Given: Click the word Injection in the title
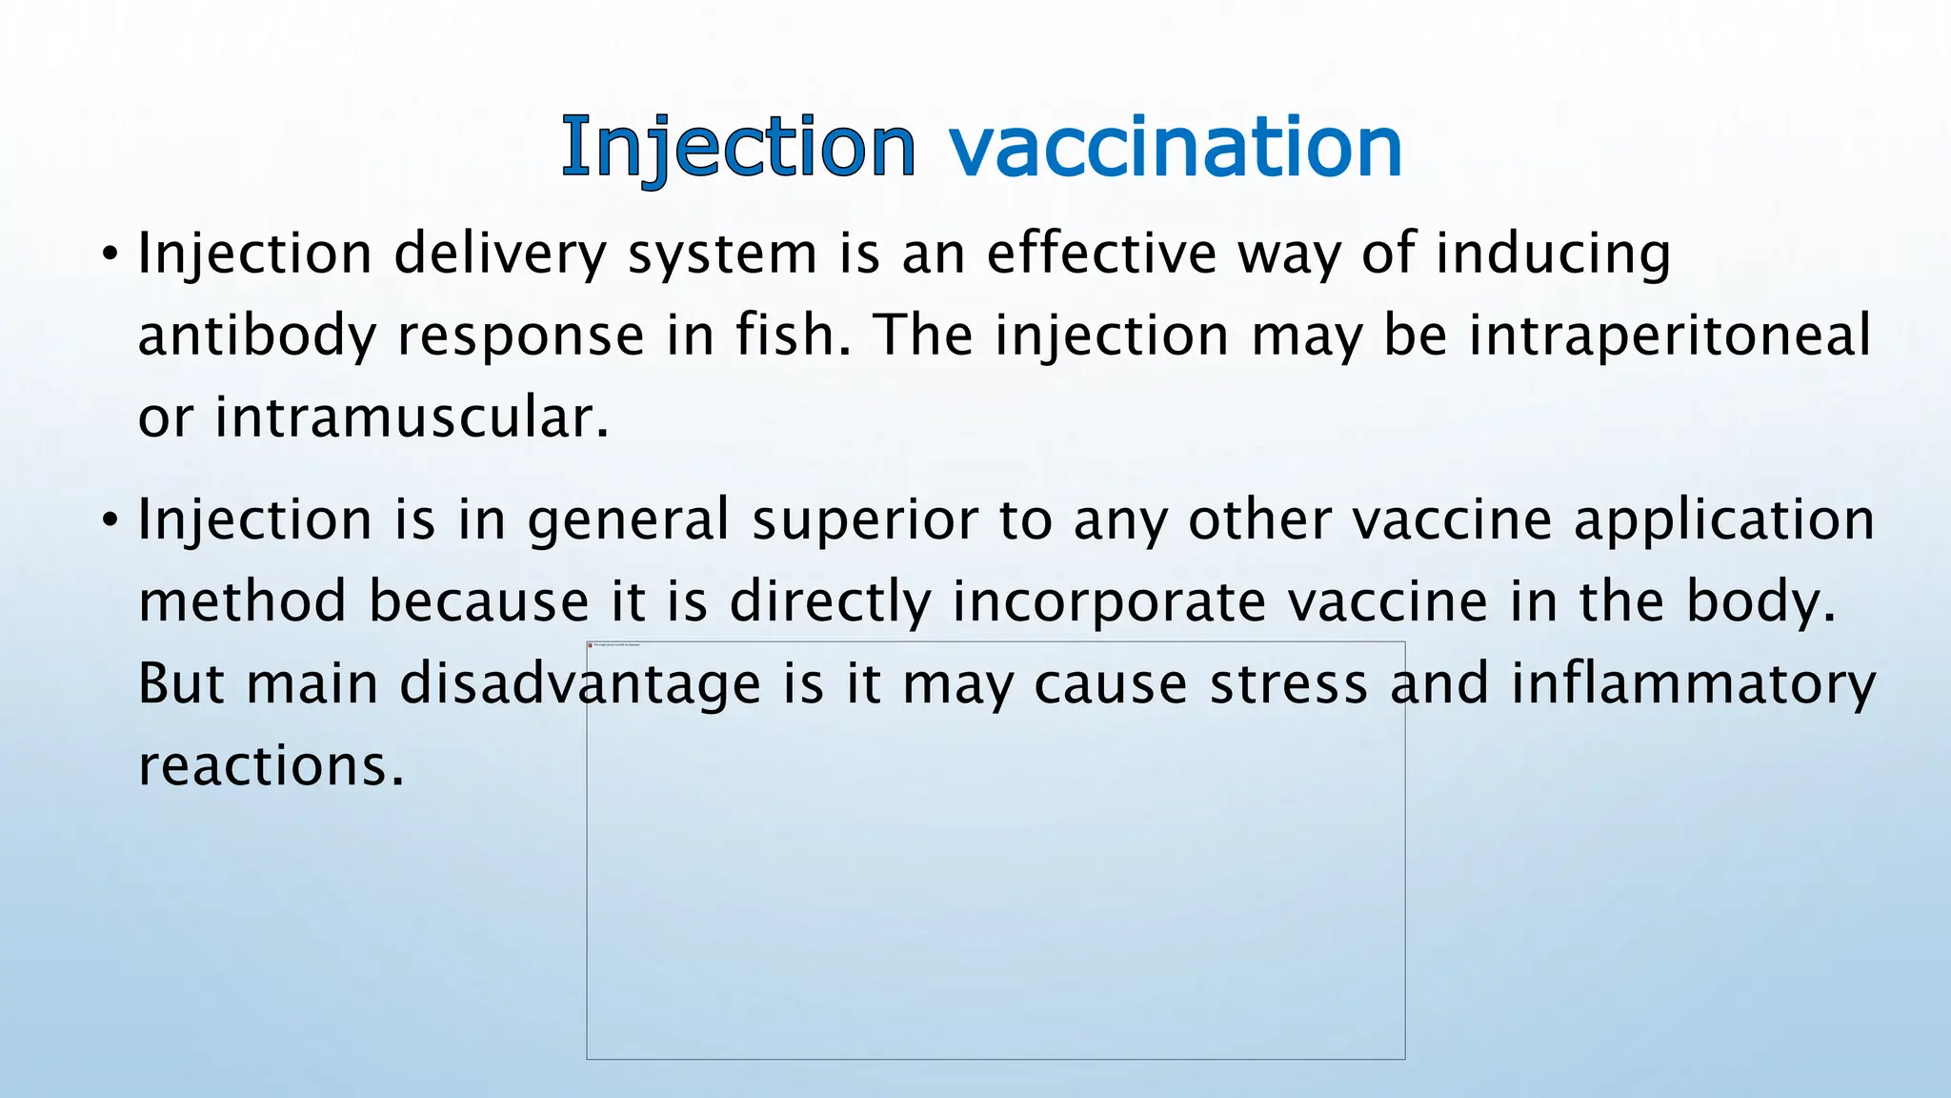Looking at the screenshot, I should click(x=738, y=148).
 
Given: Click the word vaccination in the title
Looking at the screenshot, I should click(x=1176, y=148).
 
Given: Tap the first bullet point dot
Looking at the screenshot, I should click(x=111, y=254).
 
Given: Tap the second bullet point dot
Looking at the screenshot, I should click(x=111, y=520).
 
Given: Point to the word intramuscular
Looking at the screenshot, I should click(x=410, y=417).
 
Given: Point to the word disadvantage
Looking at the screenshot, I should click(x=579, y=684).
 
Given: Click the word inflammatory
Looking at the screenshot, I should click(x=1693, y=684).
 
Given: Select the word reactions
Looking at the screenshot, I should click(x=270, y=766).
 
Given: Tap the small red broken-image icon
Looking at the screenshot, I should click(x=591, y=645).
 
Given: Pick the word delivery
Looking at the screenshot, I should click(x=499, y=254).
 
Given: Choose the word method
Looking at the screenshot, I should click(x=242, y=602).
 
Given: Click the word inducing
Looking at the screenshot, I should click(x=1553, y=254).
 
